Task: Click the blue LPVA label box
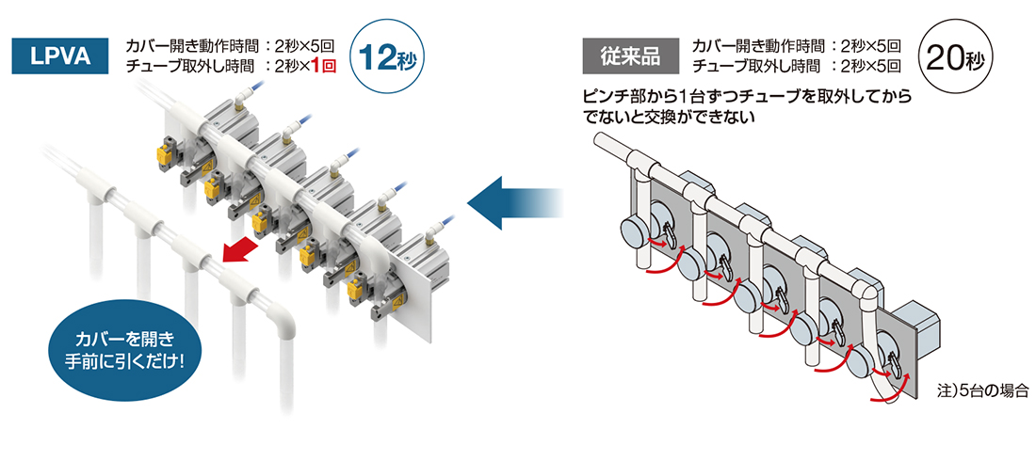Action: click(60, 56)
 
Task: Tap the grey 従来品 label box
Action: click(630, 56)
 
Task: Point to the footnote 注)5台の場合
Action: click(983, 389)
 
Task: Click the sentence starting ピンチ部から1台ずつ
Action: click(747, 105)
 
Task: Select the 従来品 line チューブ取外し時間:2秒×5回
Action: click(796, 66)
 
